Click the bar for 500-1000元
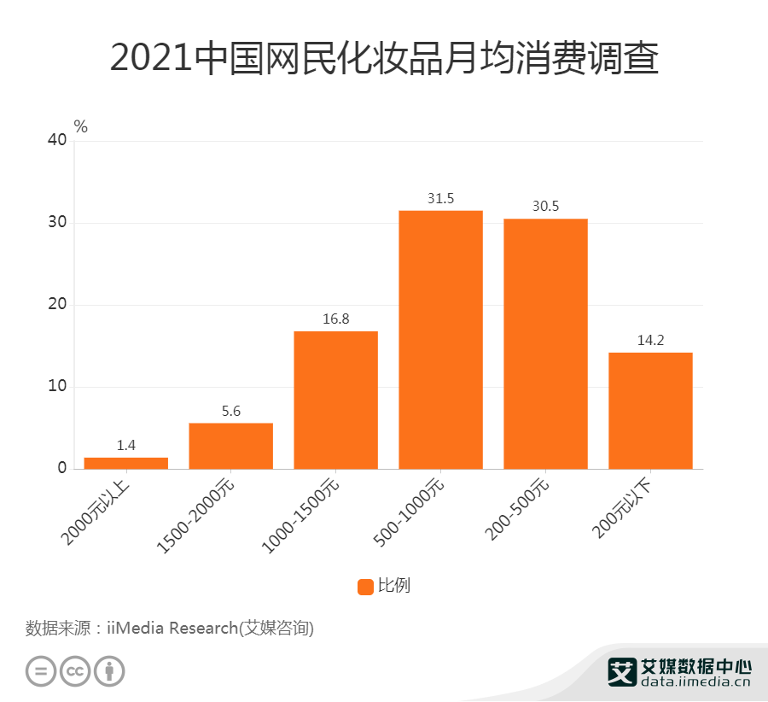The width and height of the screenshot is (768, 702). click(440, 339)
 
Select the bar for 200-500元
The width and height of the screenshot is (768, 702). click(545, 343)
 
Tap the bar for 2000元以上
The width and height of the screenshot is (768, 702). click(125, 463)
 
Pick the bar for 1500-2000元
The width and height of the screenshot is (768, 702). click(230, 446)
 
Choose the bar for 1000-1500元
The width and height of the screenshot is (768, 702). click(335, 400)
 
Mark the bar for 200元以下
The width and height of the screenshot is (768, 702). click(650, 410)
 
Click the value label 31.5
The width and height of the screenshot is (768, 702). click(440, 199)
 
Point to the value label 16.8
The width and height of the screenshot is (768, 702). click(335, 319)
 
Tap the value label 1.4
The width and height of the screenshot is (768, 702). click(125, 446)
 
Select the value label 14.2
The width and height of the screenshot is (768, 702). click(650, 341)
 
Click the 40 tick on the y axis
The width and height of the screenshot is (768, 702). click(56, 141)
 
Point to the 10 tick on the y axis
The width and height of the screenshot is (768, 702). click(56, 387)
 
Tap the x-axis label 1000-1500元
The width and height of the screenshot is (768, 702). click(301, 515)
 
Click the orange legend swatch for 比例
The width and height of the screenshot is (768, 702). click(365, 587)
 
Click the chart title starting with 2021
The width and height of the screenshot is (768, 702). click(384, 59)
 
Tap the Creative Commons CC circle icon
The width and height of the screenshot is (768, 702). click(75, 670)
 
